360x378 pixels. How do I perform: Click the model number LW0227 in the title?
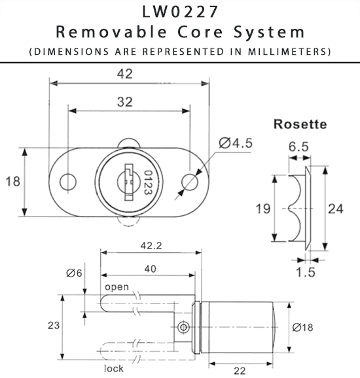[x=179, y=12]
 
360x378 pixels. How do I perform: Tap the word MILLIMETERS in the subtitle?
[x=291, y=51]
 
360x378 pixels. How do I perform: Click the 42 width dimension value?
[x=124, y=73]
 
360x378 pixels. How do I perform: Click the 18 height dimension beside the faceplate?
[x=12, y=181]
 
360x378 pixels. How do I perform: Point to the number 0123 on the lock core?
[x=148, y=181]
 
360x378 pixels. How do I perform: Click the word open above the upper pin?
[x=117, y=287]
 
